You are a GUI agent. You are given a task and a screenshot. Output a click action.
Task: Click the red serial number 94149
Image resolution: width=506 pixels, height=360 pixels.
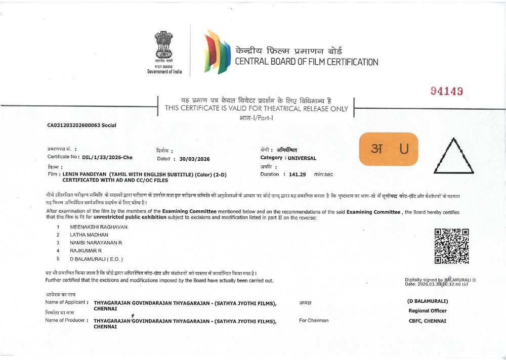(x=447, y=91)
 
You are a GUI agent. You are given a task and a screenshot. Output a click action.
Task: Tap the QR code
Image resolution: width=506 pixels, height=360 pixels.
(x=451, y=246)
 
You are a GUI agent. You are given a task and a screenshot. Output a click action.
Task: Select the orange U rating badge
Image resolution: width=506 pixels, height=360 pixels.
(x=389, y=149)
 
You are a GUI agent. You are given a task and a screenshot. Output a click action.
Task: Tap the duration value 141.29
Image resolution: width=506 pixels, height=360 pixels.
(x=298, y=174)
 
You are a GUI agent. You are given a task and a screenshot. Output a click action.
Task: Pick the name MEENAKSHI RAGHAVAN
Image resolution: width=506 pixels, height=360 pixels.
(x=98, y=227)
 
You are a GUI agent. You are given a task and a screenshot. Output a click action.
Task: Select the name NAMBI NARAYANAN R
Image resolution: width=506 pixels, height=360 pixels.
(x=96, y=243)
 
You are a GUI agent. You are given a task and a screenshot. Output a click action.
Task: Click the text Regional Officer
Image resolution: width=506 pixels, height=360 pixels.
(x=428, y=311)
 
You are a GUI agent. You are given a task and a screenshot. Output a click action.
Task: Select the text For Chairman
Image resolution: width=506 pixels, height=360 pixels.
(x=314, y=320)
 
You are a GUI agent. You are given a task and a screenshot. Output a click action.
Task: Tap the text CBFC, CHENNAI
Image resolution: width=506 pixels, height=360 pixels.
(x=428, y=321)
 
